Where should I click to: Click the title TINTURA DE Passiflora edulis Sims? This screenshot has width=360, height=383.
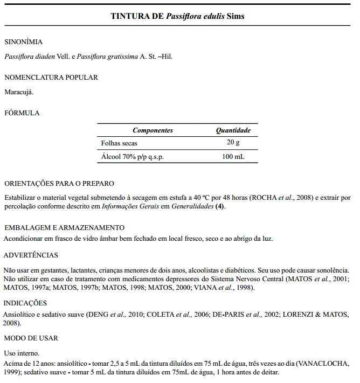pos(177,16)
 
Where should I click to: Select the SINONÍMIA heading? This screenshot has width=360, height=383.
pos(23,42)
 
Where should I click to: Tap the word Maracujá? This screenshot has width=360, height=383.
pos(19,92)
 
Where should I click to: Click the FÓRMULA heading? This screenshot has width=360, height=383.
pos(22,113)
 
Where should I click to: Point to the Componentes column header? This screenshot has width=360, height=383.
pos(153,130)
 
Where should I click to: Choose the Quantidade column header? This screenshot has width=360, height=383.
pos(233,130)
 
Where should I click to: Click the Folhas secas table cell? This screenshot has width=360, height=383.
pos(119,143)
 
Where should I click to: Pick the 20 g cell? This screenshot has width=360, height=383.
pos(233,143)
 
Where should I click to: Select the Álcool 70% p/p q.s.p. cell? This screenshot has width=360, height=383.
pos(133,157)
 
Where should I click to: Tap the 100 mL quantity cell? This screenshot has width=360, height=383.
pos(233,157)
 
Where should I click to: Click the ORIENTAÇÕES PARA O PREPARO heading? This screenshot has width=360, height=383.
pos(59,184)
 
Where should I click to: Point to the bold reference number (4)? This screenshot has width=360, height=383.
pos(220,206)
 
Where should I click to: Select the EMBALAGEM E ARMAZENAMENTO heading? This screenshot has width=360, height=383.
pos(64,228)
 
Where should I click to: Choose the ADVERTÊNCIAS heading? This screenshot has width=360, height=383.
pos(31,255)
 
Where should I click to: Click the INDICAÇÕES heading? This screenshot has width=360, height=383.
pos(25,303)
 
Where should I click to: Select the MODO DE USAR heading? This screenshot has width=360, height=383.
pos(31,338)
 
